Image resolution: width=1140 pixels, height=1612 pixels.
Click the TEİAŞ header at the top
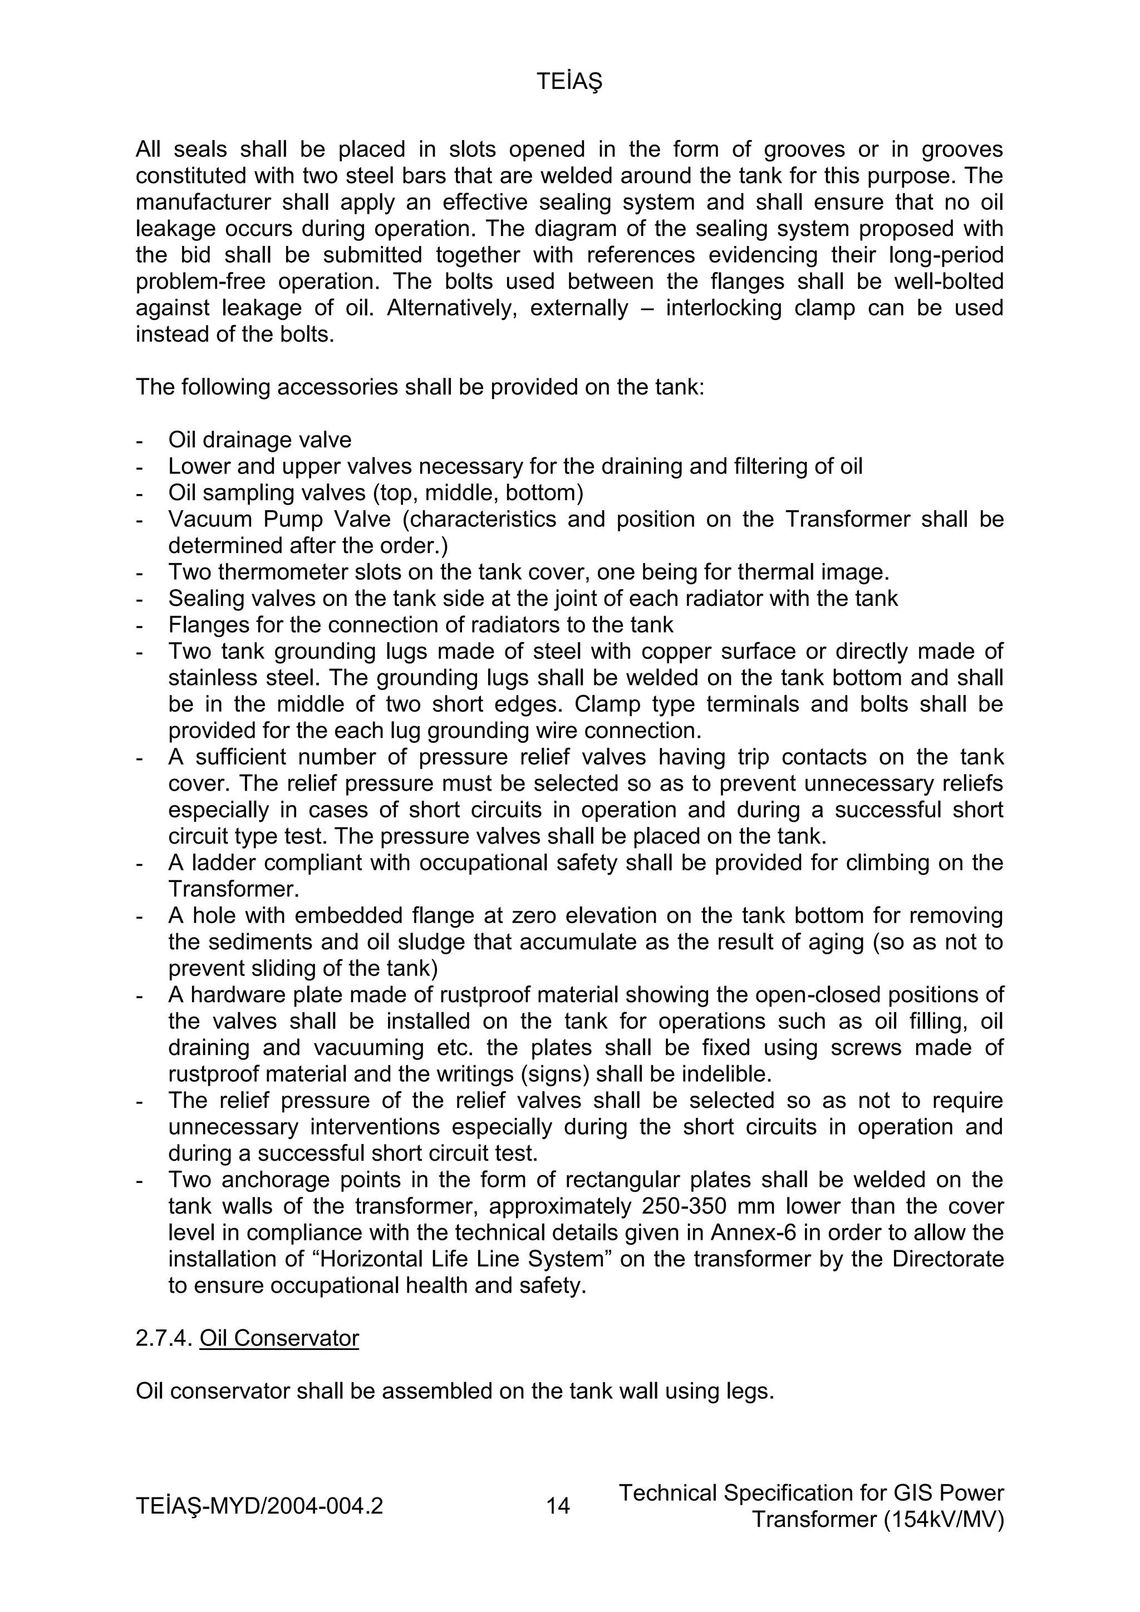pos(569,83)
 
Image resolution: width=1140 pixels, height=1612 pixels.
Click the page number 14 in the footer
pos(558,1505)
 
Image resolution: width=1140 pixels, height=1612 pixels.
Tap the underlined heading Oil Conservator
pos(279,1338)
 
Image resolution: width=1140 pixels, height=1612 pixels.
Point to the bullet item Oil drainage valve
pos(259,440)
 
